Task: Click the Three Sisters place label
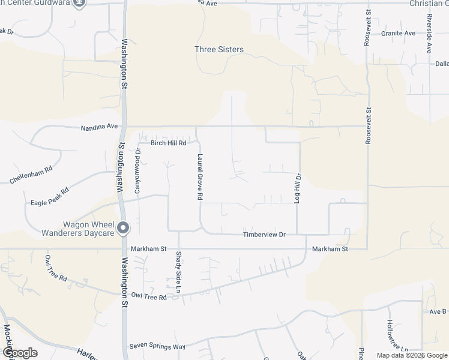coord(219,50)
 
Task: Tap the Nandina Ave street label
coord(100,127)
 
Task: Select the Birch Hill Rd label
coord(169,143)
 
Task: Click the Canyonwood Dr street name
coord(137,170)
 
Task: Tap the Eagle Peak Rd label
coord(50,197)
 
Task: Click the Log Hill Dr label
coord(297,188)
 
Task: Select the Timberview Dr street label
coord(264,235)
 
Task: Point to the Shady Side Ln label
coord(178,272)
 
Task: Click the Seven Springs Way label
coord(158,347)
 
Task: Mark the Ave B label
coord(438,311)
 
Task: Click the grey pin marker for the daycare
coord(123,227)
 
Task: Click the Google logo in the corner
coord(19,353)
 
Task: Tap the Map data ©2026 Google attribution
coord(411,355)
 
